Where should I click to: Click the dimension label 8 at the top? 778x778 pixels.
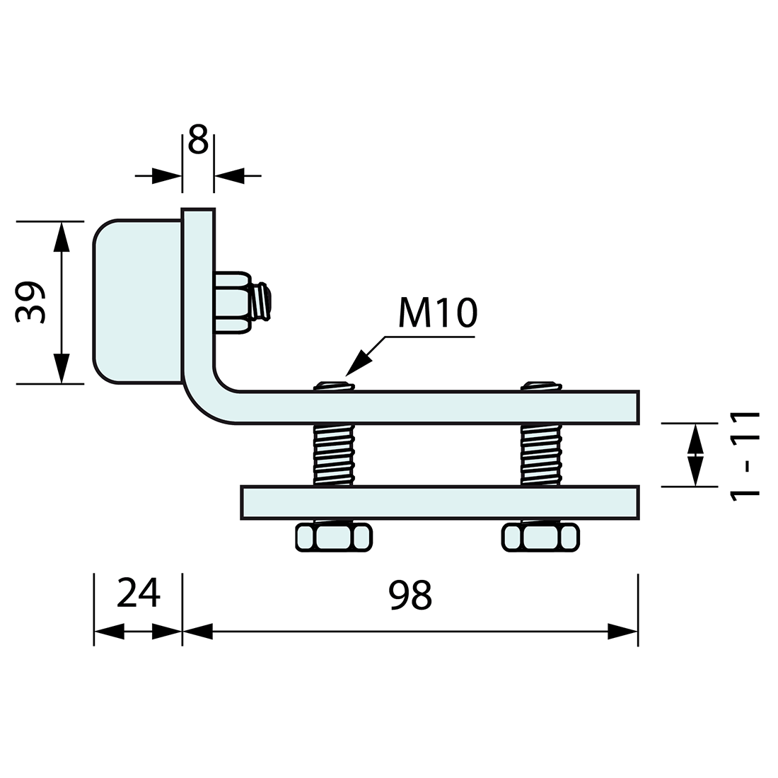tap(198, 140)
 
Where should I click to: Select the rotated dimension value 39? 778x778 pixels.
tap(31, 302)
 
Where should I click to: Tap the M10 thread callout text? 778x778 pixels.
tap(438, 313)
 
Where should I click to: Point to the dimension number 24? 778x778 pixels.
tap(139, 593)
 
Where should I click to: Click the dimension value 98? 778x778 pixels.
tap(410, 595)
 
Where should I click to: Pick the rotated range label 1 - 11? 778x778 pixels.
tap(745, 455)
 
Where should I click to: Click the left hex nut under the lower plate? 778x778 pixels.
tap(334, 538)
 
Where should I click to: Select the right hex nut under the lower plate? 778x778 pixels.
tap(541, 538)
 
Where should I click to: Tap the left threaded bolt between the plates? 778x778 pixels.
tap(332, 454)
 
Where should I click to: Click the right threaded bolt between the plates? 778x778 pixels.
tap(541, 454)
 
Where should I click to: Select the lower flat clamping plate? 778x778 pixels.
tap(439, 502)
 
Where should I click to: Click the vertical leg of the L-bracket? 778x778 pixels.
tap(198, 283)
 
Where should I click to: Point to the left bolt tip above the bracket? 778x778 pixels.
tap(334, 385)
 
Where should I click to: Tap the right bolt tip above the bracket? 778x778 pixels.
tap(541, 385)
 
